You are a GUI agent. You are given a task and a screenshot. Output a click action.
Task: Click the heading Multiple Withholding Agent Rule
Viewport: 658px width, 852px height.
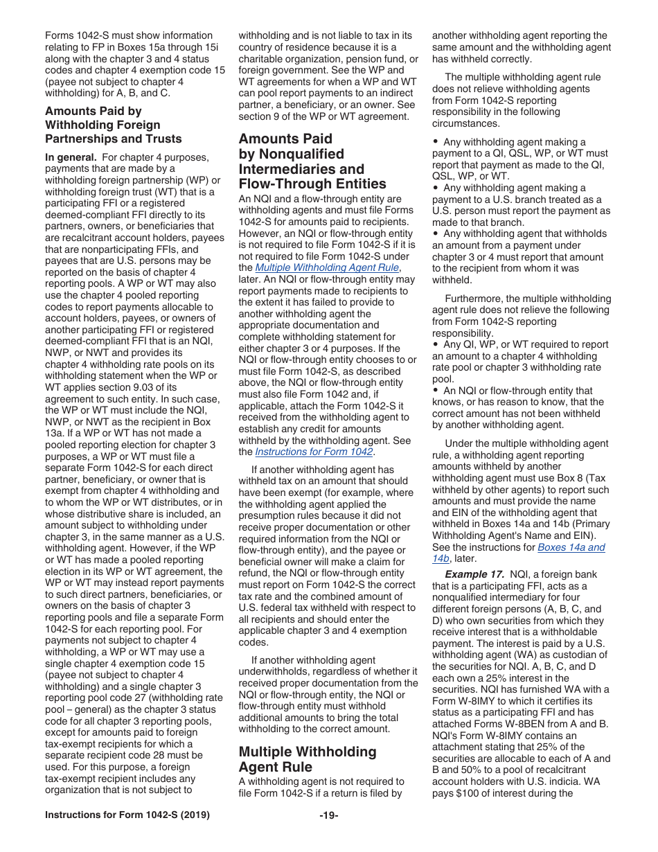[308, 759]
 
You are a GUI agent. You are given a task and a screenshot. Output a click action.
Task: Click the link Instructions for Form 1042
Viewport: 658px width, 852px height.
[314, 452]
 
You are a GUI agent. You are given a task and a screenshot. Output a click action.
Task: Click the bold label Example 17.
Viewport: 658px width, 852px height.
[474, 575]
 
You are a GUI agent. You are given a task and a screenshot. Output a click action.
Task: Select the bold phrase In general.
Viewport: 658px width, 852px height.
[71, 157]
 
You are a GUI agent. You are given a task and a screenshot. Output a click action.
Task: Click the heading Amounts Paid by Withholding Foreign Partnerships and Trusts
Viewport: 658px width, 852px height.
[113, 125]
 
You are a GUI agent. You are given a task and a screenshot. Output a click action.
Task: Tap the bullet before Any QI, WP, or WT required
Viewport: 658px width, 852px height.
[436, 345]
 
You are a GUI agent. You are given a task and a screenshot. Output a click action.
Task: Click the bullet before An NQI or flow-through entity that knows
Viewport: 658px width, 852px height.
[436, 391]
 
